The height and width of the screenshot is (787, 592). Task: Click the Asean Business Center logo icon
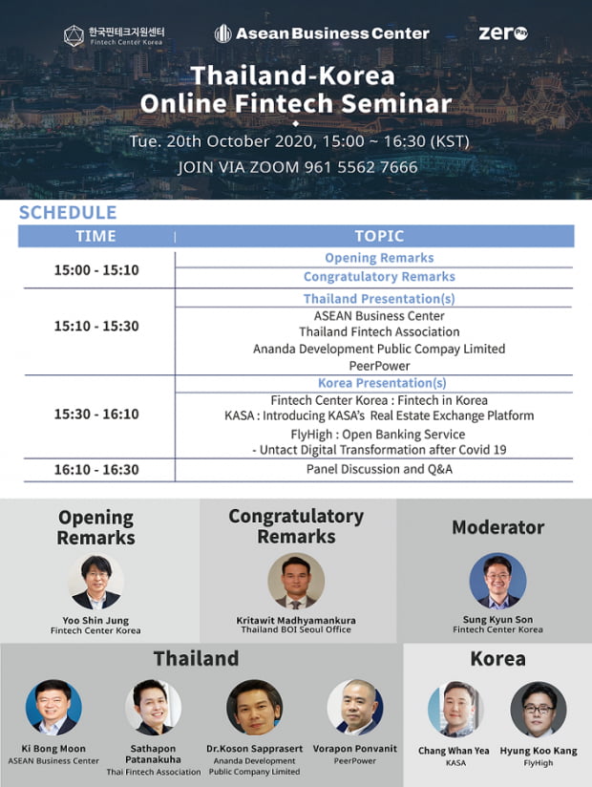(x=222, y=33)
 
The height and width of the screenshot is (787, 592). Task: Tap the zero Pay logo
(x=503, y=33)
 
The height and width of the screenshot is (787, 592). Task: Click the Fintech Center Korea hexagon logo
(x=74, y=35)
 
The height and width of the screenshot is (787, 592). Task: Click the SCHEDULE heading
(x=68, y=212)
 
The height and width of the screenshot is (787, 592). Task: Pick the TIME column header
(x=95, y=236)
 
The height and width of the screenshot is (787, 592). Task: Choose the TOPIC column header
(x=379, y=236)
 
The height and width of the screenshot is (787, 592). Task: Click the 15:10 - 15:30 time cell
(x=96, y=326)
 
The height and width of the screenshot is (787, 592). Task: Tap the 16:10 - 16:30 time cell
(x=96, y=469)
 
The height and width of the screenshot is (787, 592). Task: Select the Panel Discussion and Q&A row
(x=379, y=469)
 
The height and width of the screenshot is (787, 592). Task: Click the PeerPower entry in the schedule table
(x=379, y=366)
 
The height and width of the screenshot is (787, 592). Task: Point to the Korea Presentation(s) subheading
(x=382, y=383)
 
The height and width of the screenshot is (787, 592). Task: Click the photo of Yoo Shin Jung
(x=95, y=582)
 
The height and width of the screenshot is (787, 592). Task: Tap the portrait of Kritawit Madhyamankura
(x=296, y=581)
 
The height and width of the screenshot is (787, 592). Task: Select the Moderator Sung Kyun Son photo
(x=497, y=580)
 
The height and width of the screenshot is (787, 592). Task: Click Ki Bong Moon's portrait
(x=53, y=707)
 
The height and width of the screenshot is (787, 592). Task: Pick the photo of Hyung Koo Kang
(x=539, y=710)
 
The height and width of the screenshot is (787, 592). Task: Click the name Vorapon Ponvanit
(x=354, y=749)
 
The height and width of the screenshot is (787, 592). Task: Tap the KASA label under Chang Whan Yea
(x=455, y=762)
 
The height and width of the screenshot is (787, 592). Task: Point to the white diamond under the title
(x=295, y=123)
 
